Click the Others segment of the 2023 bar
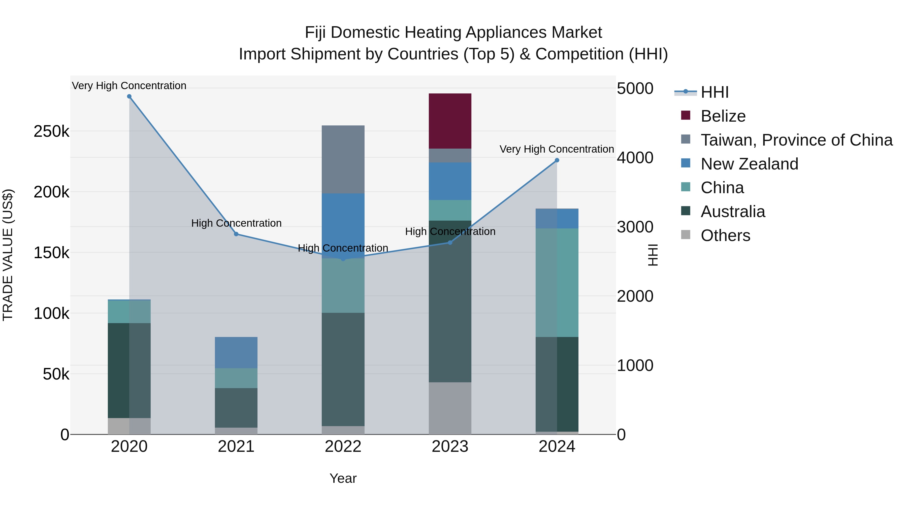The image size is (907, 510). [450, 408]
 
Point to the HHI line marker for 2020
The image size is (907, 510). [129, 96]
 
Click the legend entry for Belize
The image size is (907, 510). [723, 116]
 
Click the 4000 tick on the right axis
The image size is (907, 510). [635, 158]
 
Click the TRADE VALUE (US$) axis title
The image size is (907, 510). [8, 255]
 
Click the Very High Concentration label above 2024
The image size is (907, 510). [556, 149]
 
